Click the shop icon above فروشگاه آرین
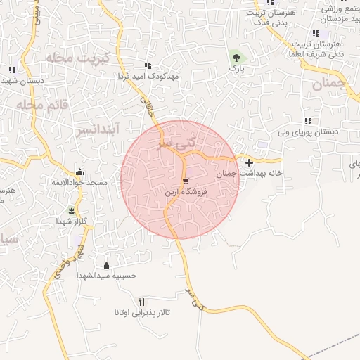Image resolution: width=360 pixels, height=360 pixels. pyautogui.click(x=186, y=180)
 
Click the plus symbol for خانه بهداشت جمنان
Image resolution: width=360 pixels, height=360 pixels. pyautogui.click(x=249, y=162)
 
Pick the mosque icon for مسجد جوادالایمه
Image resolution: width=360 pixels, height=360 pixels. pyautogui.click(x=79, y=172)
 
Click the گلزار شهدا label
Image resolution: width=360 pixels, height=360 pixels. pyautogui.click(x=71, y=221)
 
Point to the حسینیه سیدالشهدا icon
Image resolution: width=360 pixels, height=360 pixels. pyautogui.click(x=106, y=265)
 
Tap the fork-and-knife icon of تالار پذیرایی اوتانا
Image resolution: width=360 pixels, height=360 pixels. pyautogui.click(x=143, y=301)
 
